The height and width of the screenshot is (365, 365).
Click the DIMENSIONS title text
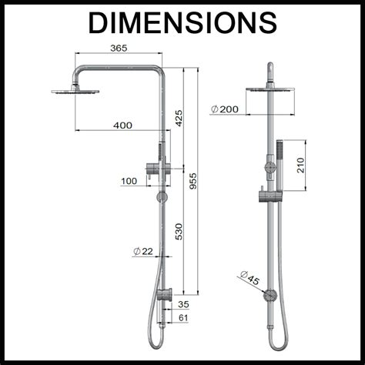(x=182, y=23)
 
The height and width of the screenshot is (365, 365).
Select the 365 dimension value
(x=119, y=48)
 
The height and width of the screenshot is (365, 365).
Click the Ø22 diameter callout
(x=143, y=252)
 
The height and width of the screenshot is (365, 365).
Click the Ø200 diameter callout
(x=224, y=109)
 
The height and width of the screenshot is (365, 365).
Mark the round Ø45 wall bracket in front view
(x=270, y=295)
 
